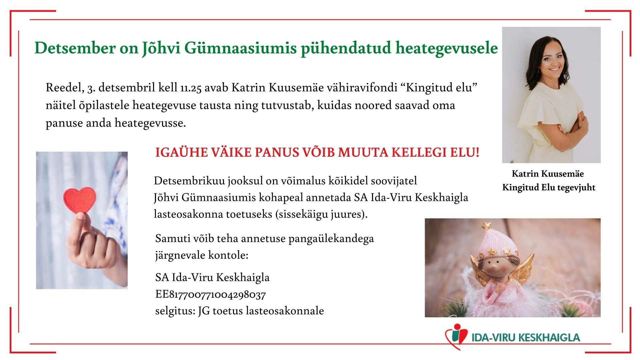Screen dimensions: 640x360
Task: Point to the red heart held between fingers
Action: (79, 199)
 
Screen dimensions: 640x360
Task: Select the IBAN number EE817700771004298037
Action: (210, 295)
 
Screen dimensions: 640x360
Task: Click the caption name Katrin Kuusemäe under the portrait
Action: (548, 174)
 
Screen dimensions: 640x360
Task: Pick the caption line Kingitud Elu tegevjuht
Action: (549, 187)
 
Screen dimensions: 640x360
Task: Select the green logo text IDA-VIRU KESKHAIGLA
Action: (526, 337)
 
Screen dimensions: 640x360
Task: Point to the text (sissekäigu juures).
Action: (321, 214)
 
